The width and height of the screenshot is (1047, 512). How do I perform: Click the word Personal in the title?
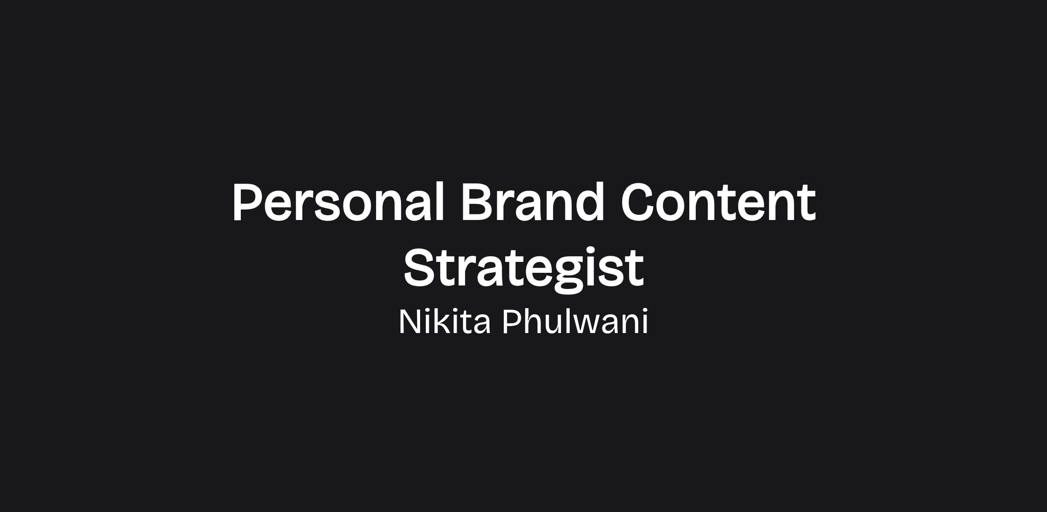[338, 202]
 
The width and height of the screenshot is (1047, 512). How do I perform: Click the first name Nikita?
[445, 322]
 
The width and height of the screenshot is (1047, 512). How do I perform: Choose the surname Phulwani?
[575, 322]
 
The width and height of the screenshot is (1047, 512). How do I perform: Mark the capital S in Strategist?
[420, 268]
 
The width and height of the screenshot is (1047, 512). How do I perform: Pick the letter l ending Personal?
[439, 202]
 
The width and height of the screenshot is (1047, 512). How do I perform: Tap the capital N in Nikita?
[410, 322]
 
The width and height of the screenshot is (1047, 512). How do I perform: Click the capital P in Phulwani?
[512, 322]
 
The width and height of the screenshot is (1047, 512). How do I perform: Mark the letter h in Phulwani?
[533, 321]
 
